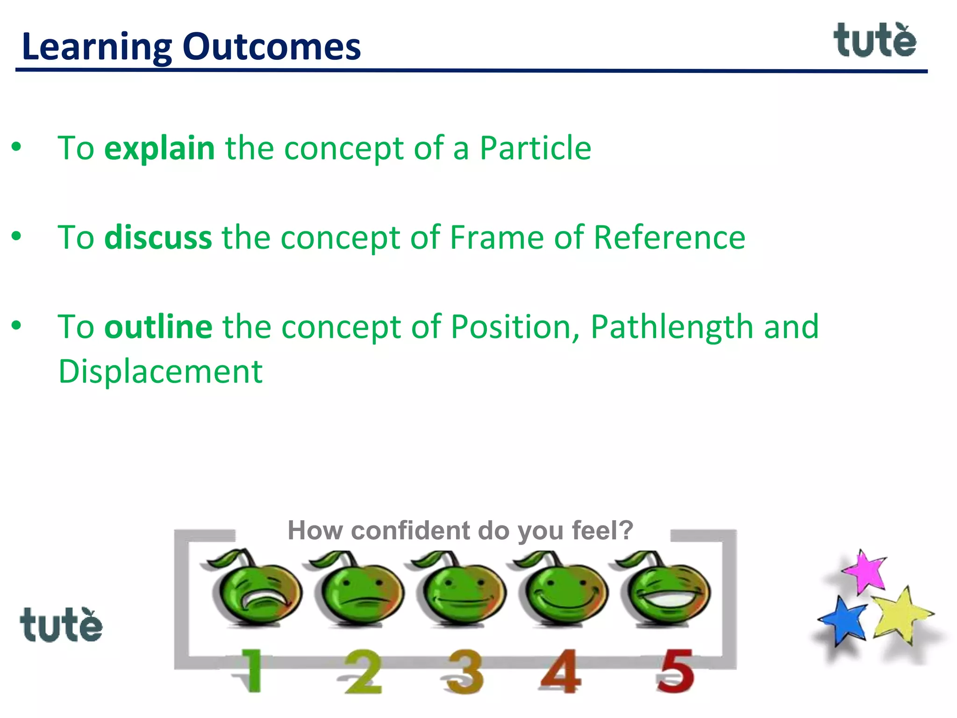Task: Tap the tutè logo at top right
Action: coord(875,41)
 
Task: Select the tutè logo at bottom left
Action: coord(61,625)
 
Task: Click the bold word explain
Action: coord(159,148)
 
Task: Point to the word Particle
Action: coord(535,148)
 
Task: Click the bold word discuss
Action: coord(158,237)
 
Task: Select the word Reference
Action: coord(669,237)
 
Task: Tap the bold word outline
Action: coord(158,327)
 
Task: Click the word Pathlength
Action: coord(671,327)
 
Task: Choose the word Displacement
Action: coord(160,372)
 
